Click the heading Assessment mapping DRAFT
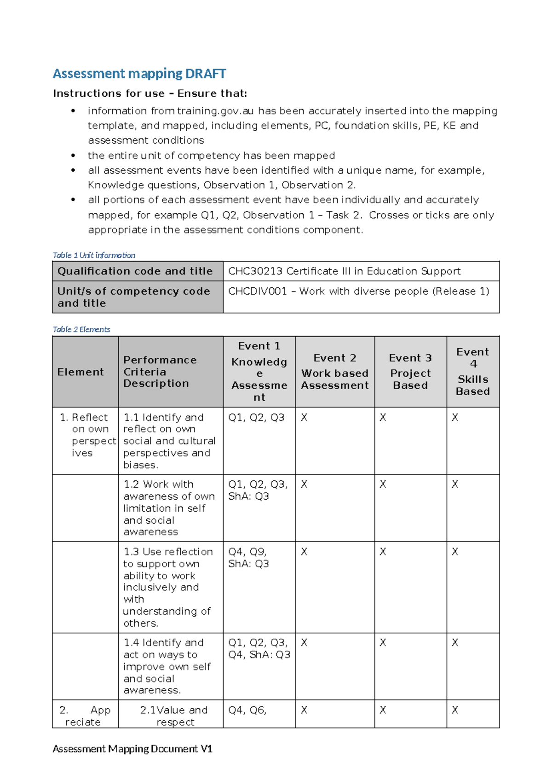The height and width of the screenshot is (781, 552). point(139,74)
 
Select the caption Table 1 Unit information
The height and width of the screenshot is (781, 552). point(94,255)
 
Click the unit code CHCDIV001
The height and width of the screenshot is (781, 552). point(257,291)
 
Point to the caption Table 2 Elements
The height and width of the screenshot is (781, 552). point(81,329)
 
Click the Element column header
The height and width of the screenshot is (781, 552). point(80,372)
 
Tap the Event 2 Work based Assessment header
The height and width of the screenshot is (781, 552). point(335,372)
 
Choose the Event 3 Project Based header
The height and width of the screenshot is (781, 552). point(410,372)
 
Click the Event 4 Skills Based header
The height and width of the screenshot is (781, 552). point(473,372)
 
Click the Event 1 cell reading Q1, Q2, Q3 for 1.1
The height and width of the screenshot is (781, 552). point(256,418)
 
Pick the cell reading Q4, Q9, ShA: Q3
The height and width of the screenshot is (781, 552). point(248,558)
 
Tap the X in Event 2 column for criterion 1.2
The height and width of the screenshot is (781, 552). point(304,484)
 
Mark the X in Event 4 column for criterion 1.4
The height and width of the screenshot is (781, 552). point(455,643)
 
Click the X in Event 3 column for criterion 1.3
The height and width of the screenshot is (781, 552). point(383,552)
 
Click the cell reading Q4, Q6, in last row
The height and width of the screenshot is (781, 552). point(247,710)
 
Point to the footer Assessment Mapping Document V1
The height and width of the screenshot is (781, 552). point(132,749)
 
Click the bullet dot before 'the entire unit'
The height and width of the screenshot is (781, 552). point(73,156)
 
